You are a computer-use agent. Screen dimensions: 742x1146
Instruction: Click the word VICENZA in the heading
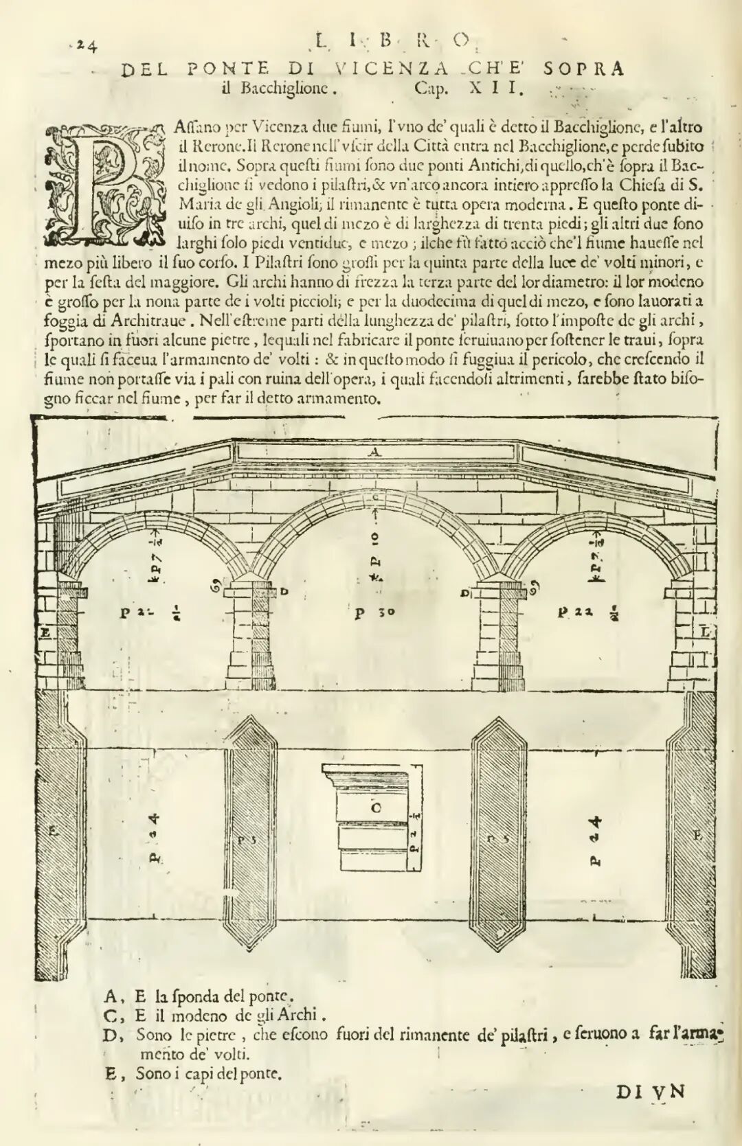pos(392,69)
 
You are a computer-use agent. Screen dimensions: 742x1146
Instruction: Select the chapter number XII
pos(497,88)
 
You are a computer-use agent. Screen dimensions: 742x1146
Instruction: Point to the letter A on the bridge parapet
pos(374,452)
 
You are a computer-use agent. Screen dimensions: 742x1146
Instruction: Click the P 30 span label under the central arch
pos(374,612)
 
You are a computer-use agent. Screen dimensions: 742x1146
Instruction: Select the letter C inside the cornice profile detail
pos(376,807)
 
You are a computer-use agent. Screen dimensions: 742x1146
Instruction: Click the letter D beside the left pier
pos(284,591)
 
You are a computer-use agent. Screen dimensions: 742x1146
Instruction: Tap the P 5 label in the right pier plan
pos(497,838)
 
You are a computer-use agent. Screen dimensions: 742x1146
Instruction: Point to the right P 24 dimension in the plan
pos(596,839)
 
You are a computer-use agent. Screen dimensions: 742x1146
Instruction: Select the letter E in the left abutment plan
pos(53,831)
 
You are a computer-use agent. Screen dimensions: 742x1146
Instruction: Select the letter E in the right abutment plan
pos(697,835)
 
